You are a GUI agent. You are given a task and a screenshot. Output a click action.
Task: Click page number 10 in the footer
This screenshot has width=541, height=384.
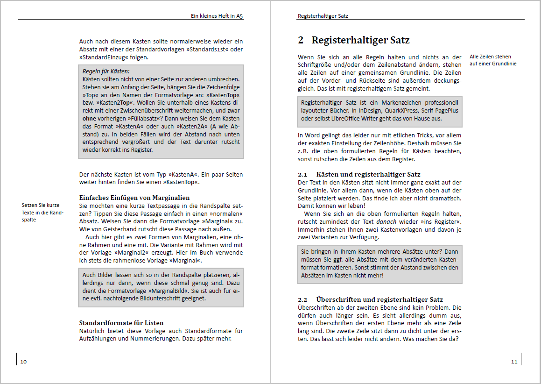point(24,362)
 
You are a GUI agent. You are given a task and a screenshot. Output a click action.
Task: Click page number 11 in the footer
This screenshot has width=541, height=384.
point(514,362)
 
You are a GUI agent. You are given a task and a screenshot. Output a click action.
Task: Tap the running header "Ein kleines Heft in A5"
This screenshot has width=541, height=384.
point(217,16)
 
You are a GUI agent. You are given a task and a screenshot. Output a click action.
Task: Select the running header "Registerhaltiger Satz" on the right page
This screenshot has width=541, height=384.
point(323,16)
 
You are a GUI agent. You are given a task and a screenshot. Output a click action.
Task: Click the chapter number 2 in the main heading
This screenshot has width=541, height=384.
point(301,41)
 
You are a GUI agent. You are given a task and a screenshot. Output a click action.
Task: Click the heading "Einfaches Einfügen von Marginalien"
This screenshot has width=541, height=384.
point(134,198)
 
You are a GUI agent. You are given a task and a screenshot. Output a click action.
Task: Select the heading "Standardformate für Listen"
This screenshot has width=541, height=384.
point(121,323)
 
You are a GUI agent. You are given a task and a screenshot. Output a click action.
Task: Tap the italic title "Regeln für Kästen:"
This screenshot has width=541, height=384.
point(106,71)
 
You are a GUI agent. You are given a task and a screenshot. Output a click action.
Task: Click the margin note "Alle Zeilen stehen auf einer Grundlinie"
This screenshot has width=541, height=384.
point(493,60)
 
